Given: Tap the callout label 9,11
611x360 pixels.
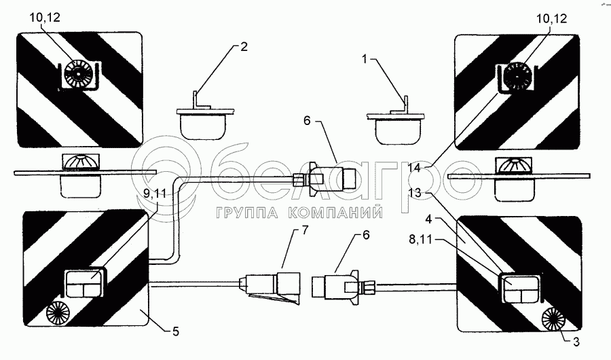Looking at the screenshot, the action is click(154, 194).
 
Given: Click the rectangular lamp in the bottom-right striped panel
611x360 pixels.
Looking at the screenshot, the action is click(520, 289).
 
